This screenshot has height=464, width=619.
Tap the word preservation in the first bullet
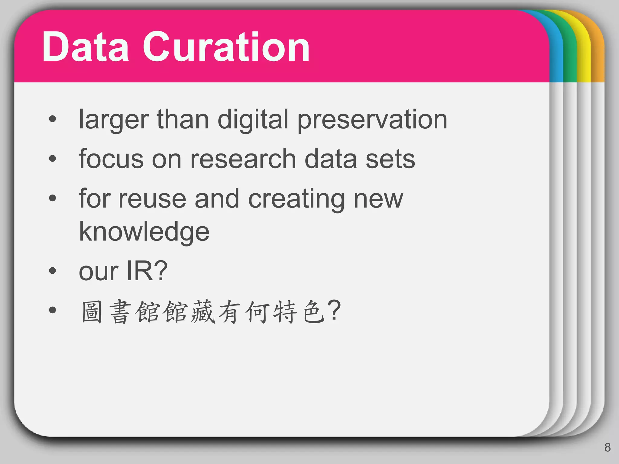point(372,120)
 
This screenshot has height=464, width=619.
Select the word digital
point(253,120)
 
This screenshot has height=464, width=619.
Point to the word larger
point(114,120)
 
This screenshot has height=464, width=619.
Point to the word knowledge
point(144,232)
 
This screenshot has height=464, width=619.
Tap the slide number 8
point(608,447)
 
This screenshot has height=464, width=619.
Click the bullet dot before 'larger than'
point(53,119)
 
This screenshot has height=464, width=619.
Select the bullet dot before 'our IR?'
point(53,271)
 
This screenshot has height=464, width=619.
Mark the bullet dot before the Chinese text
point(53,310)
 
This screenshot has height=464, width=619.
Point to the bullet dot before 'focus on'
point(53,158)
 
